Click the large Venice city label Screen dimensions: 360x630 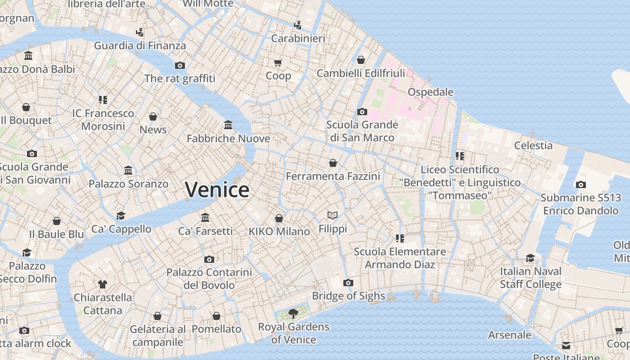pos(217,189)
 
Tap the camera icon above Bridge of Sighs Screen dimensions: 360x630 pos(348,283)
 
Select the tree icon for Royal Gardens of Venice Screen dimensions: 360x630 pos(293,313)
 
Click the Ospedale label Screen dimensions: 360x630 pos(430,92)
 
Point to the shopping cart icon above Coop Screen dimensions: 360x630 pos(278,63)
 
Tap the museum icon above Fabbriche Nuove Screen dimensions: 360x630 pos(228,125)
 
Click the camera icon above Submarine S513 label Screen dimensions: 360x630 pos(580,184)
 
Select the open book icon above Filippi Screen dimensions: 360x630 pos(333,216)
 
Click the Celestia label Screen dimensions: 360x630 pos(533,145)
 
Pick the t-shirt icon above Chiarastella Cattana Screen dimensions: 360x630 pos(103,284)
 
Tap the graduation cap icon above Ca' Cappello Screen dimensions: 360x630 pos(121,216)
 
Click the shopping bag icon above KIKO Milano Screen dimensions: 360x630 pos(279,218)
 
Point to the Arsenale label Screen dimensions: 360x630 pos(509,335)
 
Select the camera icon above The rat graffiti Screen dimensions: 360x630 pos(180,65)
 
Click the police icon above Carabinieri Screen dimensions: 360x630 pos(297,25)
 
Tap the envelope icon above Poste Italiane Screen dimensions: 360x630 pos(566,346)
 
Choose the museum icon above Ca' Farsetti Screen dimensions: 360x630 pos(205,218)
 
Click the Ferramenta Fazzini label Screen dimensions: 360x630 pos(333,176)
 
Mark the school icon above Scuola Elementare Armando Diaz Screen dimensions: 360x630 pos(400,238)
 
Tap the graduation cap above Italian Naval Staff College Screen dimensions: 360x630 pos(531,258)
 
